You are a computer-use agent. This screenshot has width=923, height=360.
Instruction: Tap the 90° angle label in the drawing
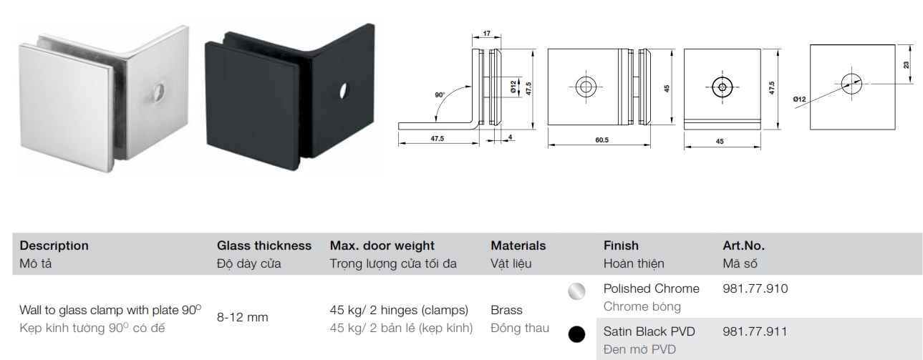pyautogui.click(x=440, y=95)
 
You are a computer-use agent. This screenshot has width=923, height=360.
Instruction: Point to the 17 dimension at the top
pyautogui.click(x=487, y=34)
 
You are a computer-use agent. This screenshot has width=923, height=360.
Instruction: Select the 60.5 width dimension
pyautogui.click(x=601, y=140)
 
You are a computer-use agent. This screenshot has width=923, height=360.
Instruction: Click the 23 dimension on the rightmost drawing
pyautogui.click(x=906, y=64)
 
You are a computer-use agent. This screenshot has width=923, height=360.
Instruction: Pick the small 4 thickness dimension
pyautogui.click(x=510, y=137)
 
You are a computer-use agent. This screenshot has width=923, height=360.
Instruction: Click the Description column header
pyautogui.click(x=54, y=245)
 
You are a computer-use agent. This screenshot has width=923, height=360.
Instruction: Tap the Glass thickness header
pyautogui.click(x=264, y=245)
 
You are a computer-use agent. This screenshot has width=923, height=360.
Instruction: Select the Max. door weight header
pyautogui.click(x=382, y=245)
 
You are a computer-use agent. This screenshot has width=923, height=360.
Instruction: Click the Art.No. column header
pyautogui.click(x=743, y=245)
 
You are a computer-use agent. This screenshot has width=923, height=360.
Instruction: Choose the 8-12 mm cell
pyautogui.click(x=242, y=317)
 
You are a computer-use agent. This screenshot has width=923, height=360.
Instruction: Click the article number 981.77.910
pyautogui.click(x=755, y=288)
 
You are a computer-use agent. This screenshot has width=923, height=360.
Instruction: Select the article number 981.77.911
pyautogui.click(x=755, y=331)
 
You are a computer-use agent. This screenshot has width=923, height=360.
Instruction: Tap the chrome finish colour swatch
pyautogui.click(x=576, y=291)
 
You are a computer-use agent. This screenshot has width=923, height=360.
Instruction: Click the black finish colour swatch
pyautogui.click(x=576, y=334)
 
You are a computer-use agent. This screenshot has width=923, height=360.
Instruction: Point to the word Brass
pyautogui.click(x=506, y=310)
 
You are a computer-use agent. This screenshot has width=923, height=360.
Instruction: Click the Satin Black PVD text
pyautogui.click(x=649, y=331)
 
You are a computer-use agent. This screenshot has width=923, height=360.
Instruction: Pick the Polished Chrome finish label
pyautogui.click(x=652, y=288)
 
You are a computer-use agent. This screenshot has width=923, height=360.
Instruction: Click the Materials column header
pyautogui.click(x=518, y=245)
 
